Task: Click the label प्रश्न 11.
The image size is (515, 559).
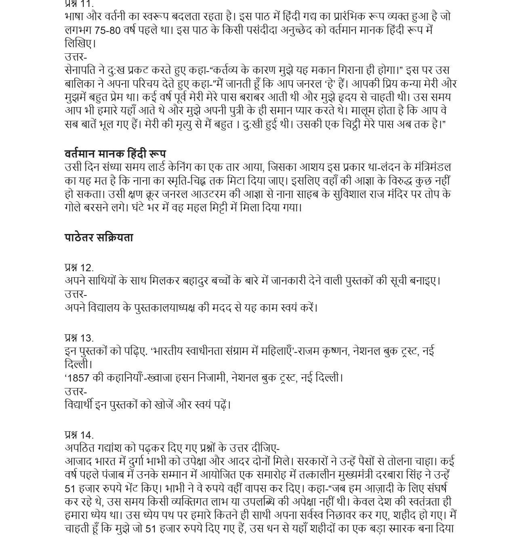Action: [79, 4]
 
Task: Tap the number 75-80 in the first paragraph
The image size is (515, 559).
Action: [107, 30]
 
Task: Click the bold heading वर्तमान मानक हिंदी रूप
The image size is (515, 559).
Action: [115, 154]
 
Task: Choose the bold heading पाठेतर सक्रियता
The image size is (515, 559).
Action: [99, 238]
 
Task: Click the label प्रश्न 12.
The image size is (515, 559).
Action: [79, 268]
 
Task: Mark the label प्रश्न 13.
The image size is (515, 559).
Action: [79, 338]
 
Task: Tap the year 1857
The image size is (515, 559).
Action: [79, 378]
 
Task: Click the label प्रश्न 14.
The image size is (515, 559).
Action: [79, 435]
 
